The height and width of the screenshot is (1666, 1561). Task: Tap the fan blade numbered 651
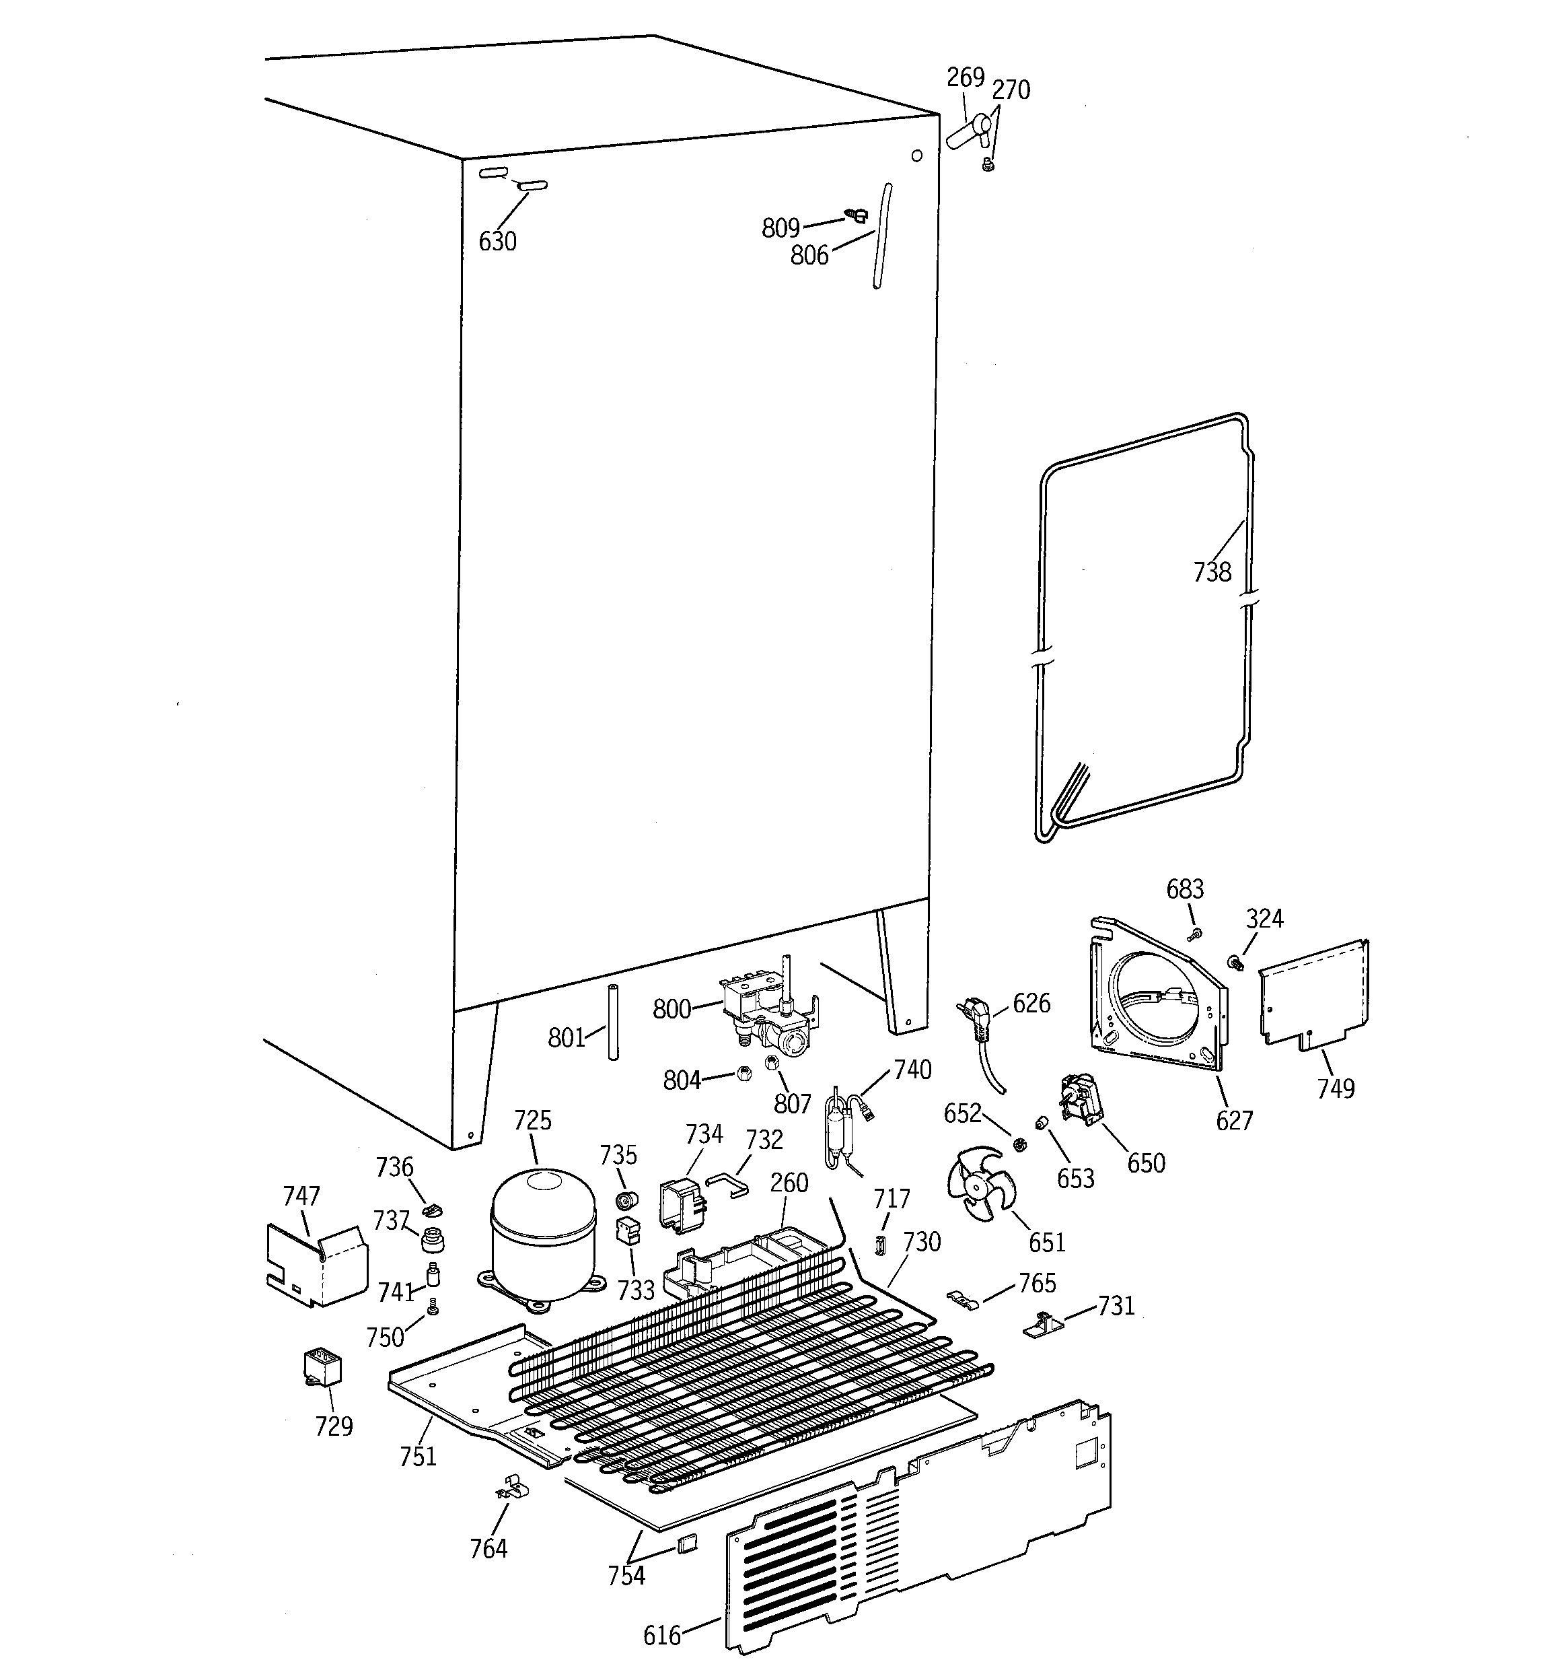[x=980, y=1181]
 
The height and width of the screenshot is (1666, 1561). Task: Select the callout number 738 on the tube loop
[x=1212, y=571]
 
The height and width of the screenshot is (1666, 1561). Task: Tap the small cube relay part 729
[x=322, y=1368]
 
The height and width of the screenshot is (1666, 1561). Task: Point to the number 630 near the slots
[x=497, y=242]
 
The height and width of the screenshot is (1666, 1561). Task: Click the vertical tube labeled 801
[x=612, y=1022]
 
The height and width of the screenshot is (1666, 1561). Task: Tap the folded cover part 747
[x=316, y=1265]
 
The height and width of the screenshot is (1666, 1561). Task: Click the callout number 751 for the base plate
[x=417, y=1457]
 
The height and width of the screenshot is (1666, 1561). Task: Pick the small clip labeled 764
[x=513, y=1489]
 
